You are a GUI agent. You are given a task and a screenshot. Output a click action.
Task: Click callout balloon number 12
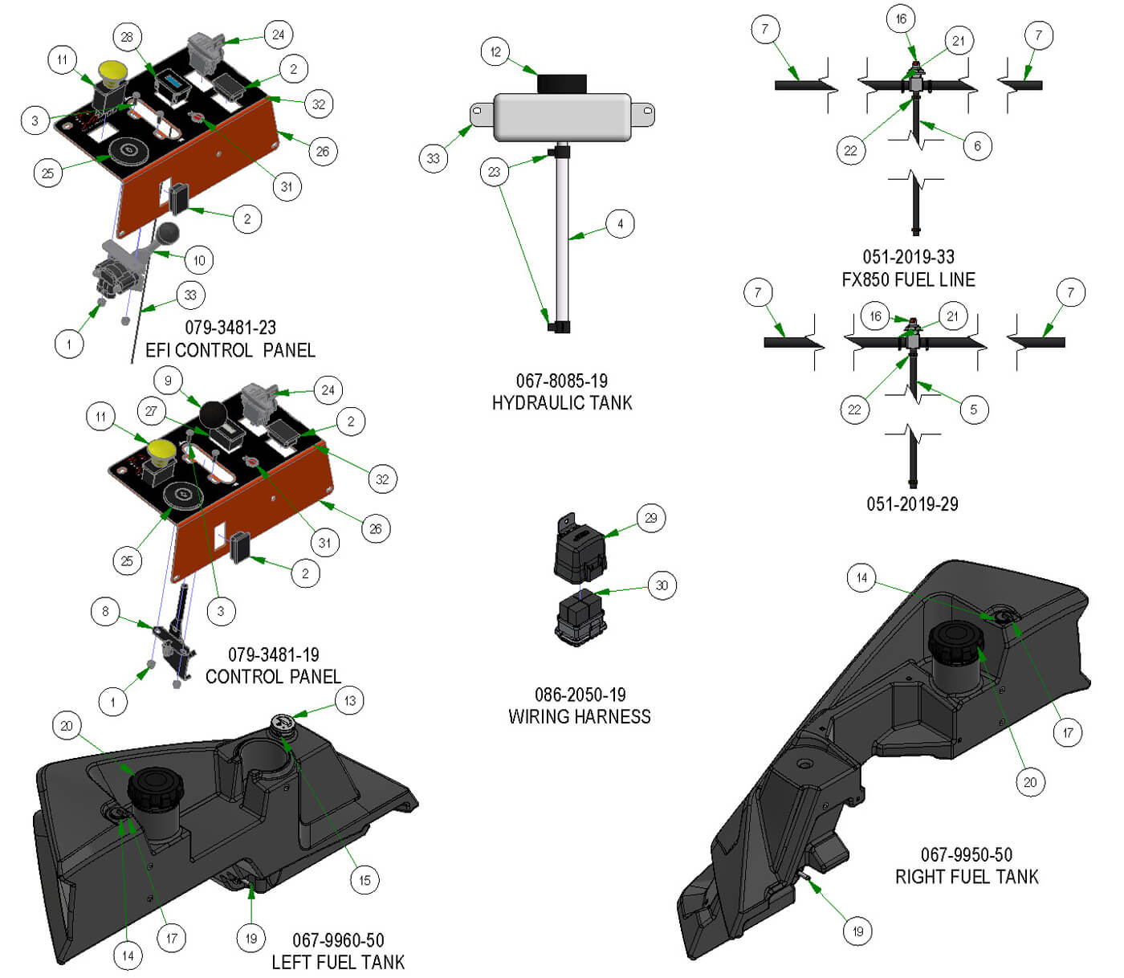pos(495,52)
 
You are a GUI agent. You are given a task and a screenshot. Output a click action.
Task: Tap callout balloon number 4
pos(620,223)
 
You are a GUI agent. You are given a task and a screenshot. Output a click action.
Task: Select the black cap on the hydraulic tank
pos(561,84)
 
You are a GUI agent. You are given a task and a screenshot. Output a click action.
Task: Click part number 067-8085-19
pos(561,381)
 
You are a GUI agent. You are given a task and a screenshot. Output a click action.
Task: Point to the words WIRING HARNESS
pos(579,716)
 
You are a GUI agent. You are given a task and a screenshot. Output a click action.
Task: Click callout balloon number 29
pos(651,518)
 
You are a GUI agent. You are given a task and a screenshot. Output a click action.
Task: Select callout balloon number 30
pos(662,585)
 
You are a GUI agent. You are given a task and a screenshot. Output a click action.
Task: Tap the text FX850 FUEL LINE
pos(908,279)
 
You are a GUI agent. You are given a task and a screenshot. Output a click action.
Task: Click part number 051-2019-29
pos(912,503)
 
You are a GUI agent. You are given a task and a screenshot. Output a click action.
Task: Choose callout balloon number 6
pos(977,145)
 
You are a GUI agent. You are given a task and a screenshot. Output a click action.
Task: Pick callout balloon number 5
pos(973,410)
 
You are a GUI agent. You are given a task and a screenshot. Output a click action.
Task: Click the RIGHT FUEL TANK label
pos(967,877)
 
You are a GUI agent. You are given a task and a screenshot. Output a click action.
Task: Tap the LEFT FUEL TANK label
pos(338,962)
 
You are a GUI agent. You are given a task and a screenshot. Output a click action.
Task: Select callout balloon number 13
pos(349,700)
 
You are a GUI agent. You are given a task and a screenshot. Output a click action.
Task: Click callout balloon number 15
pos(364,880)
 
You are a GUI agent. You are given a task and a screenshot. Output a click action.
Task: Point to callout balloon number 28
pos(127,36)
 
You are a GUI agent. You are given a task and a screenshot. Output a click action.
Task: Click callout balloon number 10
pos(199,260)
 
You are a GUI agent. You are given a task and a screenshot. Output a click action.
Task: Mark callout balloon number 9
pos(168,381)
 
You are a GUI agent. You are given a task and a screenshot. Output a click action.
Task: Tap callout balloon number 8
pos(105,612)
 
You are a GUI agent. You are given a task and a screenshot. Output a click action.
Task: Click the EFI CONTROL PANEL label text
pos(230,350)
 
